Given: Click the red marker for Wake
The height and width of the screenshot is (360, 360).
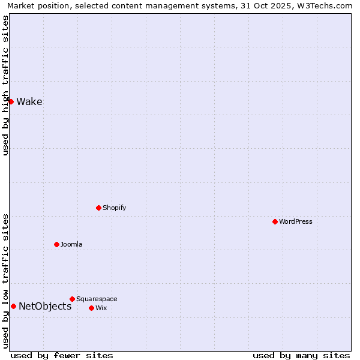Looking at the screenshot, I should click(11, 101).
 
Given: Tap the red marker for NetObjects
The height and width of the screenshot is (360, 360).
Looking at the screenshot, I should click(13, 306).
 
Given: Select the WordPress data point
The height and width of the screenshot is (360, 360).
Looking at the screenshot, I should click(275, 221).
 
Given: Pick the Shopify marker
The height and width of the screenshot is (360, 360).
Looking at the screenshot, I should click(98, 208).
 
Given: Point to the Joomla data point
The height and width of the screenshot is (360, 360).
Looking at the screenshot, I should click(56, 244).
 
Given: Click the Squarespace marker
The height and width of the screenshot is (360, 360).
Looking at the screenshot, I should click(72, 299).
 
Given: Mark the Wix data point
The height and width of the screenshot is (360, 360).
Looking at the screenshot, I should click(91, 308).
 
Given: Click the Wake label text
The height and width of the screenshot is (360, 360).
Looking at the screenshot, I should click(29, 101).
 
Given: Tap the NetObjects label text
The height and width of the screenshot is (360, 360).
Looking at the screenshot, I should click(45, 306).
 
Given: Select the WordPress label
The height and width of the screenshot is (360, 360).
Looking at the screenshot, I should click(296, 221).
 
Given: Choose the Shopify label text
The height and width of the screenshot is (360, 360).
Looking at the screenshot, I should click(115, 208).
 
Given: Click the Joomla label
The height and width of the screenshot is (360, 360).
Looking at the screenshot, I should click(71, 244).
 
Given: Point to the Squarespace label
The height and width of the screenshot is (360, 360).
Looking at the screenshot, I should click(97, 299).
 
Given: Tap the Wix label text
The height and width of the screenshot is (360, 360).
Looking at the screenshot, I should click(101, 308).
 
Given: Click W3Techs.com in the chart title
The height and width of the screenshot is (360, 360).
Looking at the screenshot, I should click(325, 5).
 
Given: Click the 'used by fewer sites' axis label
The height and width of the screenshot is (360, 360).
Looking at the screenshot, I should click(62, 355).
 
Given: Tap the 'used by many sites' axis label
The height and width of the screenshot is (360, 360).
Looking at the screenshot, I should click(301, 355).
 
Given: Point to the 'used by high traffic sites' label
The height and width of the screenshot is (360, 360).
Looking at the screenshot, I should click(5, 85).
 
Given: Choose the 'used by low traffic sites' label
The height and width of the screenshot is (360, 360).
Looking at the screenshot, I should click(5, 281).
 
